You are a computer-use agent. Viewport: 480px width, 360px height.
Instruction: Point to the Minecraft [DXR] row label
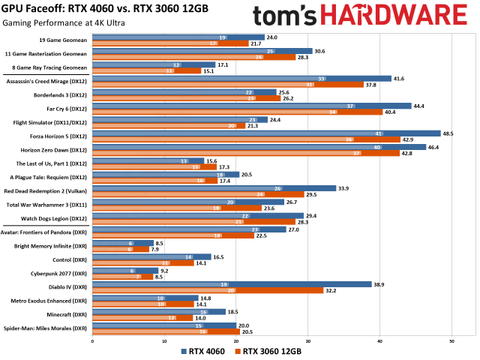71,314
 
